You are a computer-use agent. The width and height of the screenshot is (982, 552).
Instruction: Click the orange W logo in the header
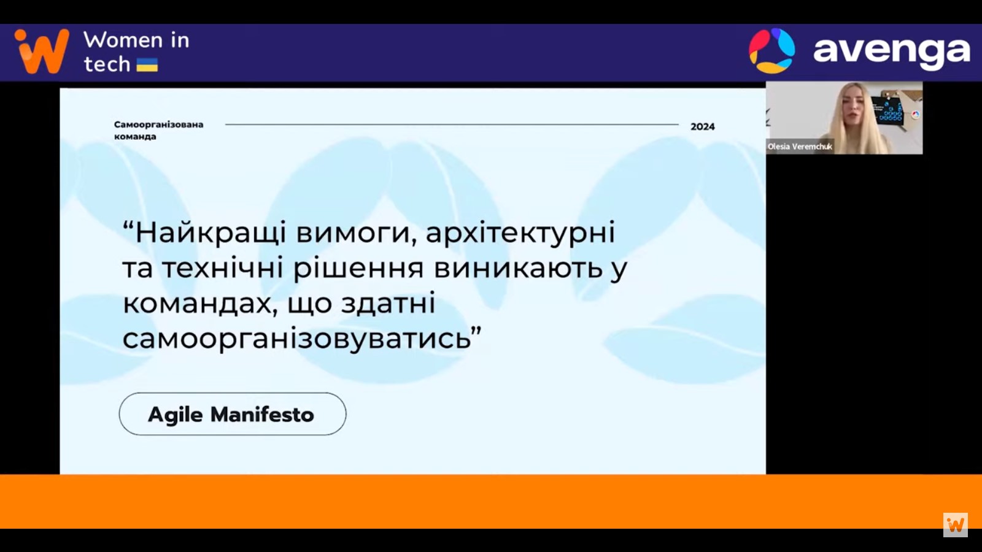tap(42, 52)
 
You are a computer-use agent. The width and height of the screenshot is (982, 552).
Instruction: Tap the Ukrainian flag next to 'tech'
tap(147, 65)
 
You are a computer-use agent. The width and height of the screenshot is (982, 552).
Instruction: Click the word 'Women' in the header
tap(117, 40)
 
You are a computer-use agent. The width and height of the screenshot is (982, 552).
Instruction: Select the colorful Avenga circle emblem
tap(772, 51)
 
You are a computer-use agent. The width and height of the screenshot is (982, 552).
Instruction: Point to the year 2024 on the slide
tap(703, 126)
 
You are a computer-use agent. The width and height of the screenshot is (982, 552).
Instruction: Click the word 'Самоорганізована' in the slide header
tap(159, 125)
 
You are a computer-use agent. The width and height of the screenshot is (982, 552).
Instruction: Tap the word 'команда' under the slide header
tap(135, 137)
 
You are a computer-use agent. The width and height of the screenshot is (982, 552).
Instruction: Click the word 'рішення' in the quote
tap(358, 269)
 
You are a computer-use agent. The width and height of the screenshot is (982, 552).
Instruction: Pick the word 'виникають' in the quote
tap(518, 269)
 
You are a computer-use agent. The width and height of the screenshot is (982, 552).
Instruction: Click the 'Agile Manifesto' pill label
tap(231, 415)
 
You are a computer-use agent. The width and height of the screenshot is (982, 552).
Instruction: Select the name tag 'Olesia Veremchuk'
tap(800, 147)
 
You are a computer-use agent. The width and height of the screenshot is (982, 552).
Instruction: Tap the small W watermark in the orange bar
tap(956, 524)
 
